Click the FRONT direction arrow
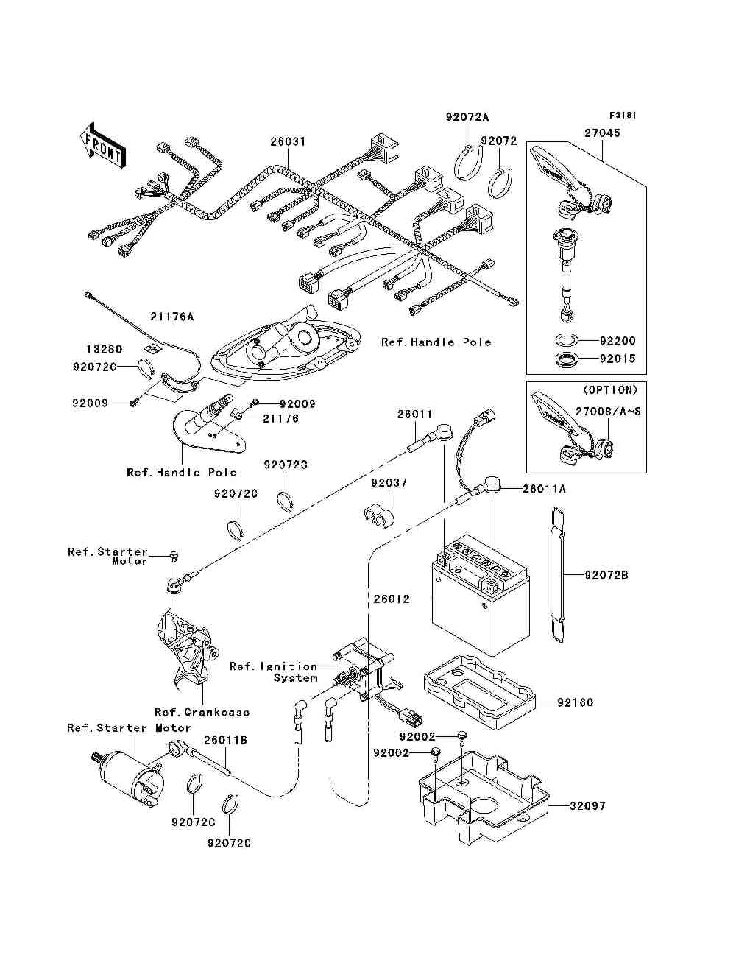pos(100,144)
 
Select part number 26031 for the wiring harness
pos(288,141)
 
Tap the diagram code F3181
pos(622,116)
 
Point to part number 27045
pos(602,133)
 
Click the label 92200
pos(617,341)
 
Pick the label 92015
pos(617,359)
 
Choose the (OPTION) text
pos(610,389)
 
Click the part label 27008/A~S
pos(608,412)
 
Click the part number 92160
pos(575,702)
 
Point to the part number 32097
pos(587,805)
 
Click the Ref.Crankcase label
pos(202,712)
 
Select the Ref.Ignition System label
pos(273,671)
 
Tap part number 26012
pos(391,599)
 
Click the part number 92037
pos(389,483)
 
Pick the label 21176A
pos(172,317)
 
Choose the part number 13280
pos(104,349)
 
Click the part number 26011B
pos(225,740)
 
